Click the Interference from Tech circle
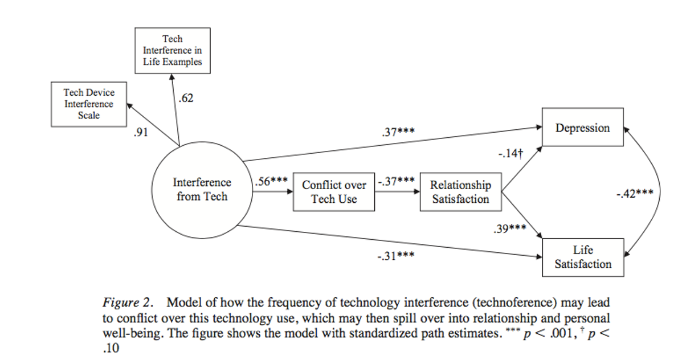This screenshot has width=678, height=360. click(x=202, y=190)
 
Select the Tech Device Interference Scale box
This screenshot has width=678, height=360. click(x=89, y=104)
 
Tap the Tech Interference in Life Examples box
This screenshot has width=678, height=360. click(x=172, y=50)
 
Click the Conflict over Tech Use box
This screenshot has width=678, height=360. click(x=334, y=193)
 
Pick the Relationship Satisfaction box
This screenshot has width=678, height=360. click(x=460, y=192)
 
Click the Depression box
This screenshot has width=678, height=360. click(x=582, y=128)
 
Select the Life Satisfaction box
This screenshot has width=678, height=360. click(x=582, y=257)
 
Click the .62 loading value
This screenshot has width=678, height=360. click(x=186, y=99)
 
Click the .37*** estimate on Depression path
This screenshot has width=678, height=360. click(x=398, y=132)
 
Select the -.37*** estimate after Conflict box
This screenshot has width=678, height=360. click(x=396, y=182)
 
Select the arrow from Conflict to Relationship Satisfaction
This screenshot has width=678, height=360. click(x=397, y=193)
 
